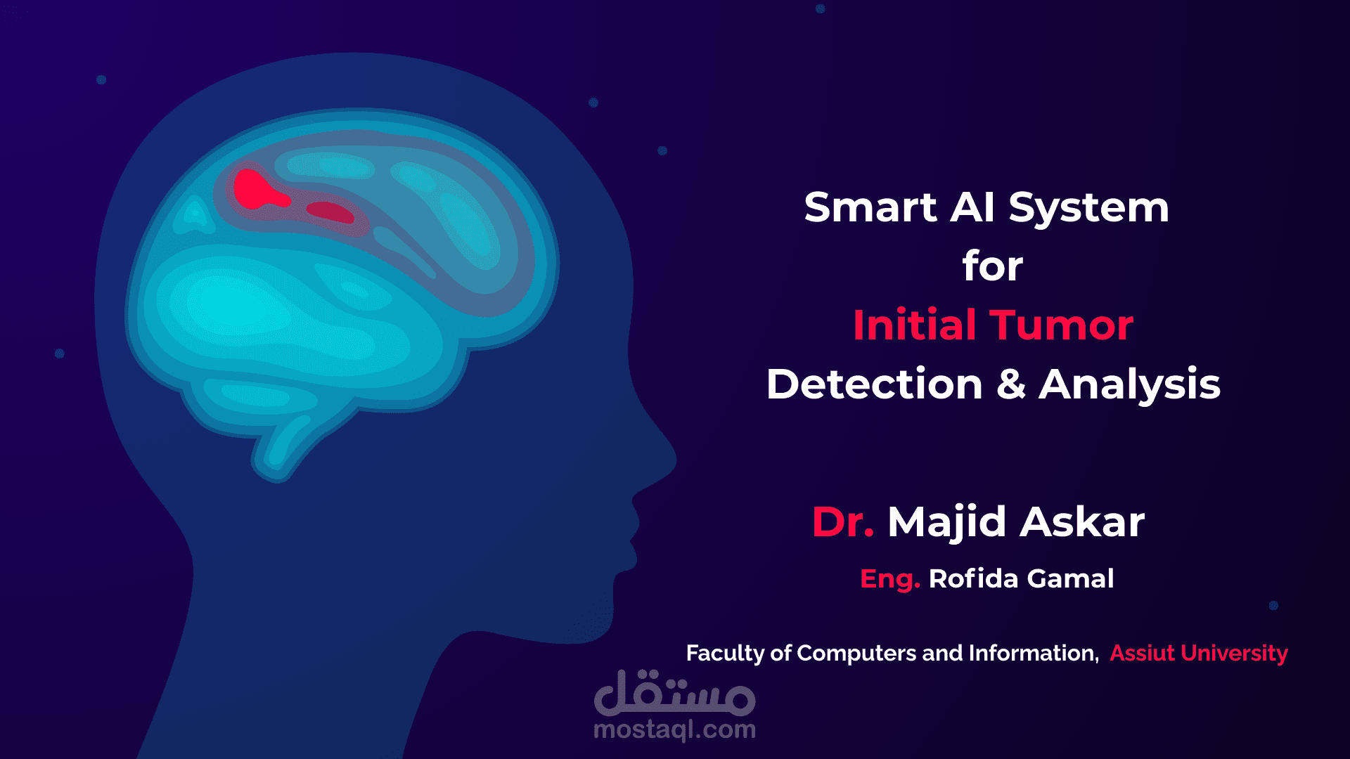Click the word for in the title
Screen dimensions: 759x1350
pyautogui.click(x=992, y=266)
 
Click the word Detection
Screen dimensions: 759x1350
pyautogui.click(x=874, y=384)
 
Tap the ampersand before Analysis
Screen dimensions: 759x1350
pyautogui.click(x=1010, y=384)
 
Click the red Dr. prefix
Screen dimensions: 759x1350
pyautogui.click(x=842, y=522)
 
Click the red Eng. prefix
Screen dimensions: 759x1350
pyautogui.click(x=889, y=579)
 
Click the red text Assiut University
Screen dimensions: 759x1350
pyautogui.click(x=1198, y=653)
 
